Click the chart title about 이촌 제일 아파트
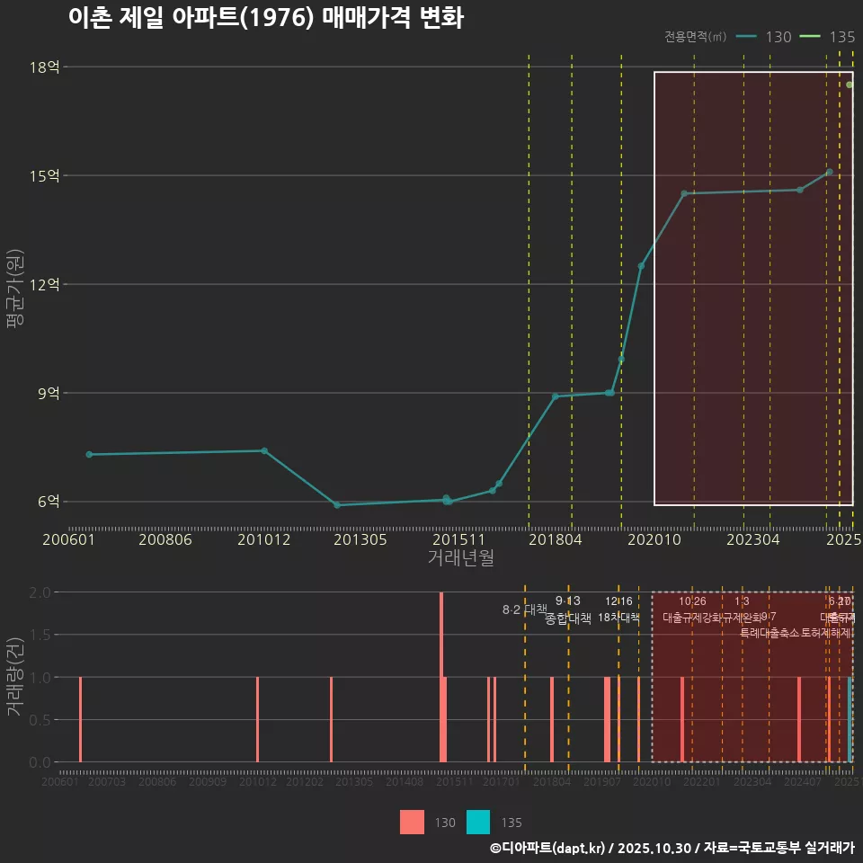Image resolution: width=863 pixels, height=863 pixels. click(x=265, y=18)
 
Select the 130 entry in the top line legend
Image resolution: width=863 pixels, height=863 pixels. click(x=763, y=37)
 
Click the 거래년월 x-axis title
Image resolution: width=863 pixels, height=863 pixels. click(x=460, y=557)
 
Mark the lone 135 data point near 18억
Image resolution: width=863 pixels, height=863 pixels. click(x=849, y=85)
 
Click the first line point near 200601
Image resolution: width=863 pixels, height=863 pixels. click(x=89, y=455)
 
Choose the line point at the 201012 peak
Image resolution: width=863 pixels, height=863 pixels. click(x=264, y=450)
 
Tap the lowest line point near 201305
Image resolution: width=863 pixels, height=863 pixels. click(x=337, y=505)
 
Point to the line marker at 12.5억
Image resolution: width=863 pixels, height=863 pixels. click(x=641, y=266)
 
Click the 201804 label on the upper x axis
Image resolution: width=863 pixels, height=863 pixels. click(x=555, y=539)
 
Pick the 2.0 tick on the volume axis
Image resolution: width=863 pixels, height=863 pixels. click(x=39, y=592)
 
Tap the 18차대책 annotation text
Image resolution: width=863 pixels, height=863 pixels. click(x=618, y=618)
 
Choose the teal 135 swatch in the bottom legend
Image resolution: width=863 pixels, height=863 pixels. click(x=478, y=822)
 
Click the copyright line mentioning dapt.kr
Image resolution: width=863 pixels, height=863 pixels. click(x=672, y=847)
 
